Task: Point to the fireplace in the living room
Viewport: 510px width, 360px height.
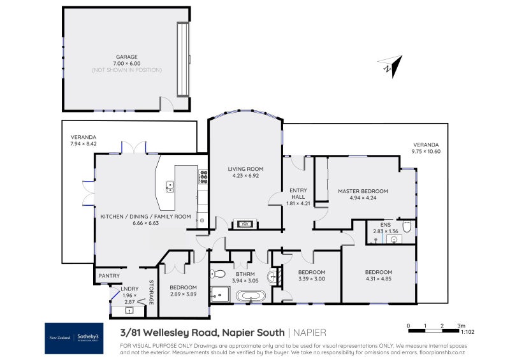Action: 245,224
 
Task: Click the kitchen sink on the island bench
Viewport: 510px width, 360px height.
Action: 170,186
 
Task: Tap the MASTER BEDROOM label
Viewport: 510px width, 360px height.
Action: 363,191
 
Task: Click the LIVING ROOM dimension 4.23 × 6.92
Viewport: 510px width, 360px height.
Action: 245,176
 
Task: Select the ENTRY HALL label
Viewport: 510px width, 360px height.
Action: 298,194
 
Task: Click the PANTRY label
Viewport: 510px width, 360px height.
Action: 108,276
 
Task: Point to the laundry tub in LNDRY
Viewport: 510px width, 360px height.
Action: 129,311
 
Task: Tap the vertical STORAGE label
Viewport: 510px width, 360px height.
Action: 152,292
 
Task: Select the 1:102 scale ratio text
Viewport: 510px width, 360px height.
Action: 467,331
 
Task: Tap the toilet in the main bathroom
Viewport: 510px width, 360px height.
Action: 217,274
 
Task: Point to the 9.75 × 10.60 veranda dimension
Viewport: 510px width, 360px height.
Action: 426,151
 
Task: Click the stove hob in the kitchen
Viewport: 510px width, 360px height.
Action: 203,176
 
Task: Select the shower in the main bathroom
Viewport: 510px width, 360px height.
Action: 220,294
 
